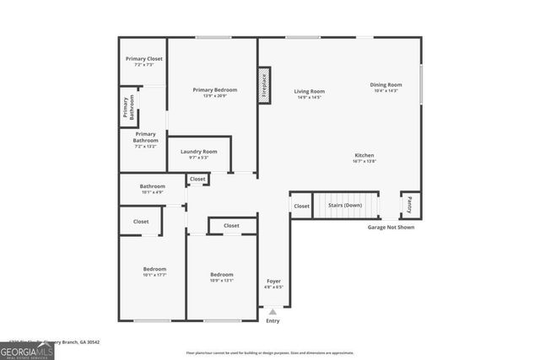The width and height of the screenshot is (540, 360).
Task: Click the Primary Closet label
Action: click(x=144, y=59)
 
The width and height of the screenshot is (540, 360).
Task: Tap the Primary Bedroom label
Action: click(x=214, y=90)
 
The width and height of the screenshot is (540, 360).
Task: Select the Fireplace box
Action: click(x=263, y=85)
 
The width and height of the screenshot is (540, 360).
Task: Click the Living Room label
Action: click(x=310, y=91)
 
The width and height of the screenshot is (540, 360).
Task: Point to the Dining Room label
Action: click(x=386, y=84)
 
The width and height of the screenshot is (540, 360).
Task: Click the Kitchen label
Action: click(x=364, y=155)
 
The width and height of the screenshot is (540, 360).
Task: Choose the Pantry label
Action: click(x=410, y=204)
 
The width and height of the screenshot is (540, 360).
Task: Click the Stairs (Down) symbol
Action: click(x=346, y=205)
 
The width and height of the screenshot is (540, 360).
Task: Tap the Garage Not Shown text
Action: click(x=391, y=227)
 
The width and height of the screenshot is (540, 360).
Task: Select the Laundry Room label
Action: click(x=198, y=152)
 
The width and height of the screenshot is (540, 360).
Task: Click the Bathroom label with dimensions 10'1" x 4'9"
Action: click(x=153, y=186)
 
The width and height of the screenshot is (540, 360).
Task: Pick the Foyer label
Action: click(x=274, y=281)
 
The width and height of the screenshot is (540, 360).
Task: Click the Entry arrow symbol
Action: click(x=273, y=311)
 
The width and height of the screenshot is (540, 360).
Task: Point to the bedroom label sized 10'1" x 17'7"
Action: click(x=154, y=269)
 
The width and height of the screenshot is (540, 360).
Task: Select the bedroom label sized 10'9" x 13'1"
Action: click(x=222, y=275)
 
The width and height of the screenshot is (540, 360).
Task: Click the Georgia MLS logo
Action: click(x=27, y=349)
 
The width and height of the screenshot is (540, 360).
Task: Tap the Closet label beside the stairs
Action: click(x=301, y=206)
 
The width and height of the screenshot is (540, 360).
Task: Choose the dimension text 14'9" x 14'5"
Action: click(x=310, y=98)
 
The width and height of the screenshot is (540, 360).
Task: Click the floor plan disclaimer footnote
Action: click(x=270, y=352)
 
